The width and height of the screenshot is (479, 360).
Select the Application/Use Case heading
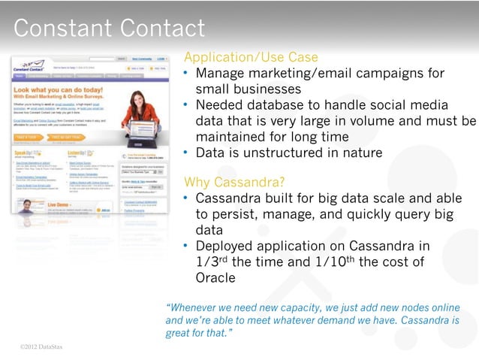251,58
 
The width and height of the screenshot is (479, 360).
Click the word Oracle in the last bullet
215,277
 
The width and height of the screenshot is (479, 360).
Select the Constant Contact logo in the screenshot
30,66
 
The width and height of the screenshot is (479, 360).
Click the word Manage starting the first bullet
221,74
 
